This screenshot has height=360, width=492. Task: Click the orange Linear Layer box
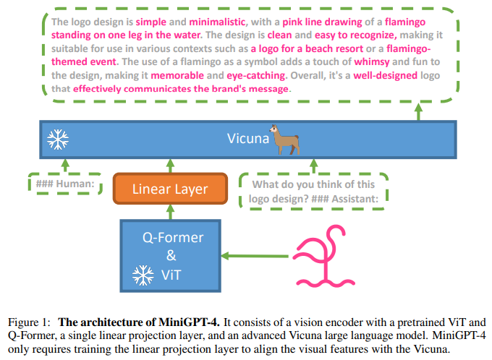point(170,189)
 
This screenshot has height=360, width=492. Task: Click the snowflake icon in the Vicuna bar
point(57,139)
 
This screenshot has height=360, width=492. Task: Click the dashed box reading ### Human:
point(64,185)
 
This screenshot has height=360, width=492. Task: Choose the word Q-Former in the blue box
point(171,237)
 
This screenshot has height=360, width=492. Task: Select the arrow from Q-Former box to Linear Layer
point(171,210)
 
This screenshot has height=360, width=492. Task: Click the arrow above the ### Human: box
point(64,166)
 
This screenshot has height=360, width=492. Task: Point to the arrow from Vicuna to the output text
point(419,111)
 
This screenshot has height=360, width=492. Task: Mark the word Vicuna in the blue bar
point(247,138)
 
